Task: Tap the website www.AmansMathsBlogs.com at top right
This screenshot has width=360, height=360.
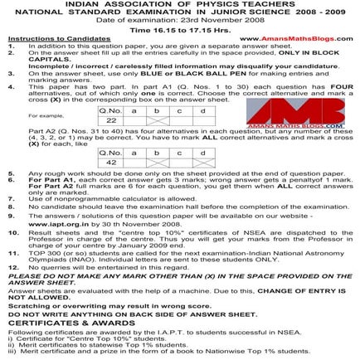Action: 306,38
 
